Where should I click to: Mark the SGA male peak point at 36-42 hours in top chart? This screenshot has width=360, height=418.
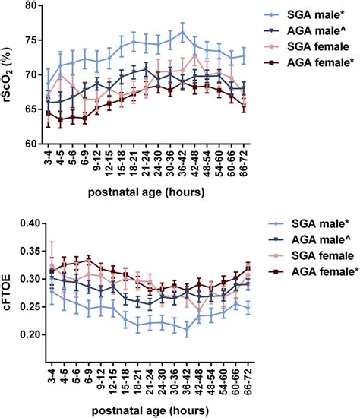[x=183, y=33]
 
